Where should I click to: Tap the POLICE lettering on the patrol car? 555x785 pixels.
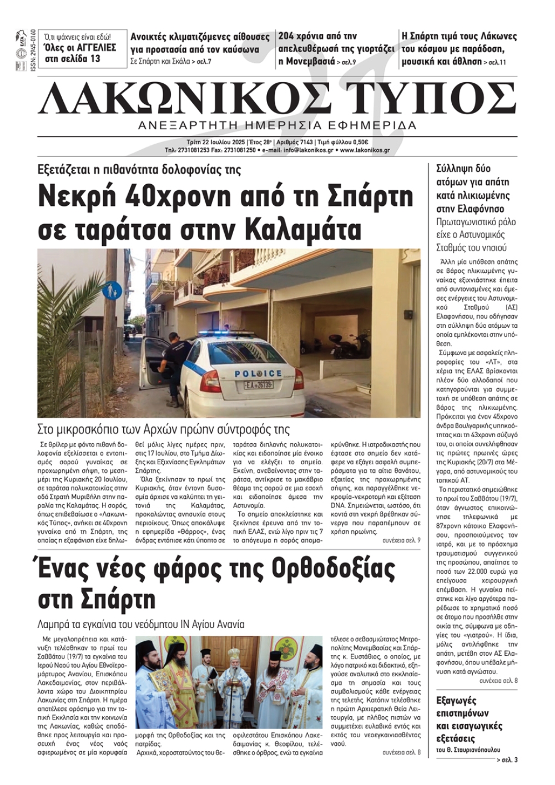click(258, 373)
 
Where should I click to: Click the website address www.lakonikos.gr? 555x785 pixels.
click(365, 150)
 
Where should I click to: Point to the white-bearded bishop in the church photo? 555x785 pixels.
click(233, 685)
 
